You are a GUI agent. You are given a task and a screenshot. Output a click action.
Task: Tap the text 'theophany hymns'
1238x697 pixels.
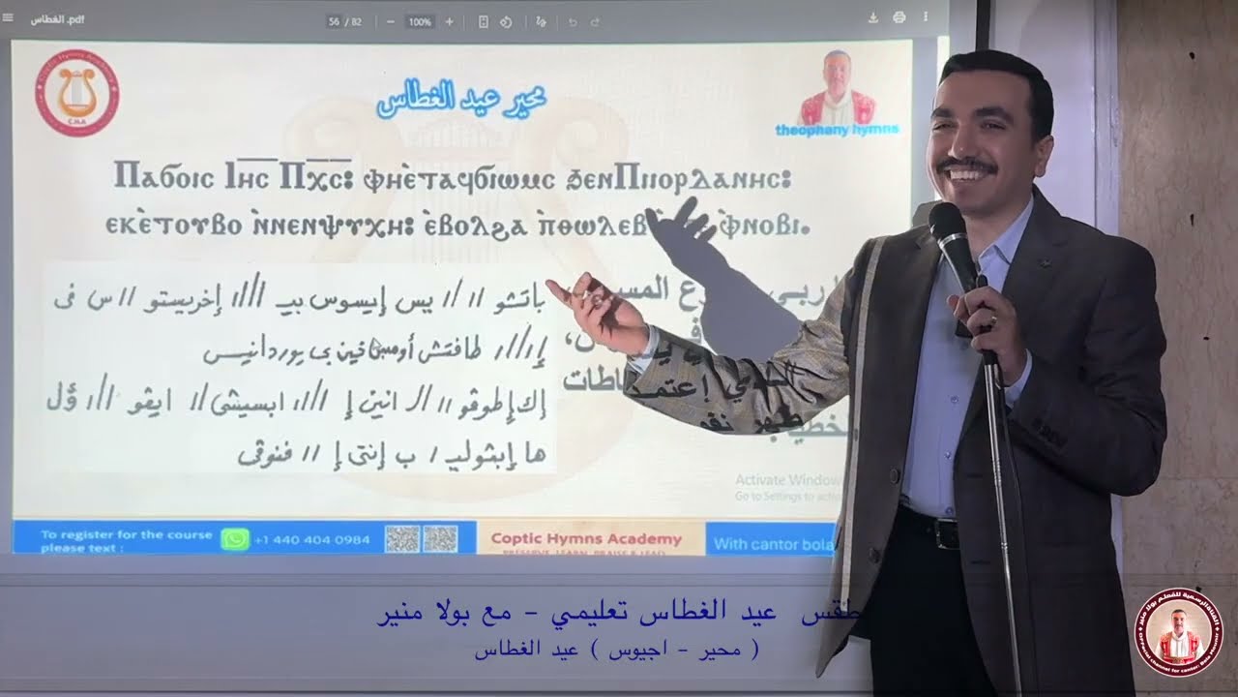(x=837, y=129)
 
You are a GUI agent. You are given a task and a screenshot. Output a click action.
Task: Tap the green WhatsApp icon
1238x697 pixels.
(x=235, y=539)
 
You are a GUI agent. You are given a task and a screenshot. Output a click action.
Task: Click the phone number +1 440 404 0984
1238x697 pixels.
(x=311, y=540)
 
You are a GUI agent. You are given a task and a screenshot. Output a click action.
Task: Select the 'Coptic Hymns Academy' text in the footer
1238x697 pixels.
(x=586, y=539)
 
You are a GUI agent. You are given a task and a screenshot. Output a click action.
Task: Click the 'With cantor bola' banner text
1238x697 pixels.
(x=773, y=544)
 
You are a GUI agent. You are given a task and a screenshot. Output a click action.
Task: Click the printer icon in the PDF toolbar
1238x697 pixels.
(x=899, y=17)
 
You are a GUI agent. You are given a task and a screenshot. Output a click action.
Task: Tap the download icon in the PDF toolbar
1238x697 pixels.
(x=873, y=17)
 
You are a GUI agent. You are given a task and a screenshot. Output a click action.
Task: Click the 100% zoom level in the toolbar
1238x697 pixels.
(x=420, y=21)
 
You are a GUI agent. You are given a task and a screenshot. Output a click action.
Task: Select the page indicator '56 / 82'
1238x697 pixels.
(x=344, y=21)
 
